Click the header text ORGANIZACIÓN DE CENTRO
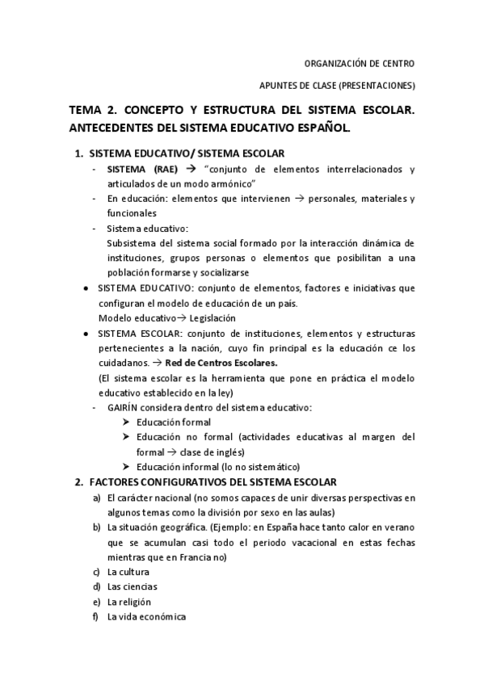click(361, 63)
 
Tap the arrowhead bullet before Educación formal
click(127, 422)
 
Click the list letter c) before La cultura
click(97, 572)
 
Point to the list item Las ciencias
click(133, 587)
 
